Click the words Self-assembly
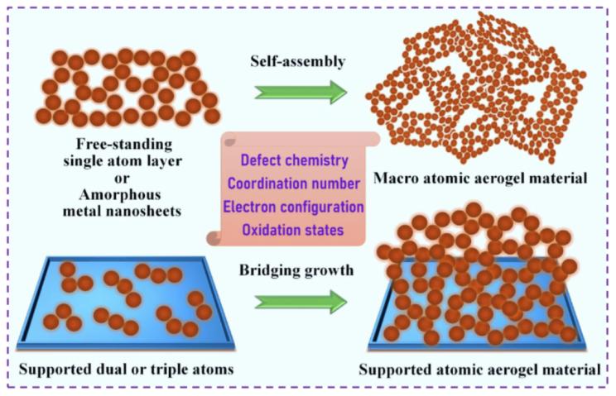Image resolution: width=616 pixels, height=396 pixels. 298,61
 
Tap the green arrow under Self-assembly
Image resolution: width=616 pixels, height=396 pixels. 301,92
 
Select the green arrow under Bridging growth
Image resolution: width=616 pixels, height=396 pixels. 301,302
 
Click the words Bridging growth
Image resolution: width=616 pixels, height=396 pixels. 296,270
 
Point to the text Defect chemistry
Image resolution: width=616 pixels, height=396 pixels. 295,160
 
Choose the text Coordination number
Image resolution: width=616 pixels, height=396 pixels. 294,184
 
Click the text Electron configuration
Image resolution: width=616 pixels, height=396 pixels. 293,207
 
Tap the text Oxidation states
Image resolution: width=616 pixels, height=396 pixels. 293,230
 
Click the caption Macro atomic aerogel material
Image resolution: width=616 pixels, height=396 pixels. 480,179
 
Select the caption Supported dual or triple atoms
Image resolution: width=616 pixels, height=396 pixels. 127,370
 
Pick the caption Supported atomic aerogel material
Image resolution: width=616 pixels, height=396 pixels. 479,370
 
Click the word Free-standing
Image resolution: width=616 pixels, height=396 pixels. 124,145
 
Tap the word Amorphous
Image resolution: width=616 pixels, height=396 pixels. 120,194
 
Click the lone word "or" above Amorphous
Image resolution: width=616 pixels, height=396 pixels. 122,179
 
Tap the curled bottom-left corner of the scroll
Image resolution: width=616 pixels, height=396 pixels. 214,237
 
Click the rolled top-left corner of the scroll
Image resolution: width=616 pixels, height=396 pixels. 229,139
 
